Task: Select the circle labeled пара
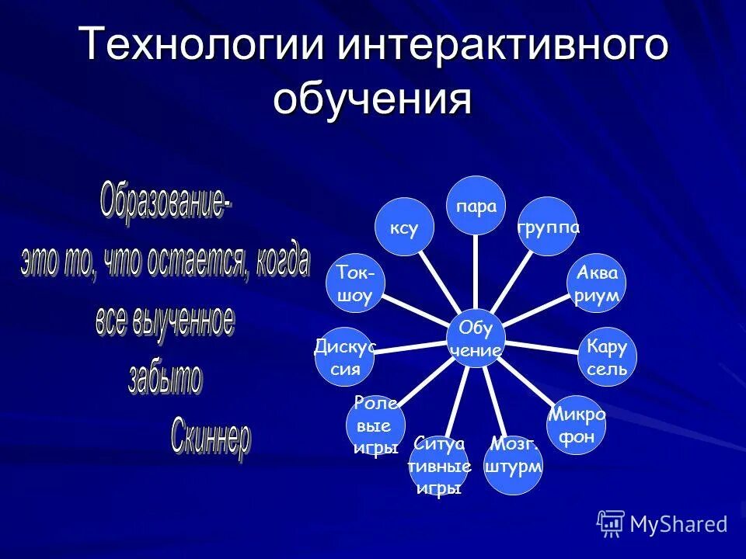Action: click(476, 207)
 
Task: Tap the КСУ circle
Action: click(404, 228)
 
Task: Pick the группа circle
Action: click(548, 227)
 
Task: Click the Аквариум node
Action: click(597, 283)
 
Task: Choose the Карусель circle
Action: click(608, 356)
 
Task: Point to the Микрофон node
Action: click(577, 425)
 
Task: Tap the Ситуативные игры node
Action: click(439, 466)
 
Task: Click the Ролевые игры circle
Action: click(376, 425)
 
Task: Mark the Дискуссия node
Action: click(345, 357)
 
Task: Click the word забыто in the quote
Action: click(165, 378)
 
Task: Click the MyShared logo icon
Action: click(611, 523)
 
